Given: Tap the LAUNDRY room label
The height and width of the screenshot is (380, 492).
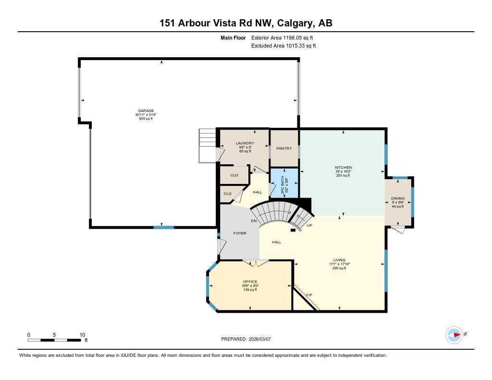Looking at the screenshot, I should (x=245, y=143).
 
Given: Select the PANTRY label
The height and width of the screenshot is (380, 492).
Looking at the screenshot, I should (x=284, y=148).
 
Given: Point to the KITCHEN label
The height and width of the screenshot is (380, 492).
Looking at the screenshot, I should (x=343, y=168).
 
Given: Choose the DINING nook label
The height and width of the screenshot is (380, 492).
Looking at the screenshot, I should (x=397, y=198).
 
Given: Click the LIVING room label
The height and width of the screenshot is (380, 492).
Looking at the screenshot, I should (x=339, y=260).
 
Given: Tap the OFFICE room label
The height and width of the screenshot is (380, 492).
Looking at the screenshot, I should (x=250, y=282).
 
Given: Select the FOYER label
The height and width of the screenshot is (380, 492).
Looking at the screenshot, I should (x=240, y=233).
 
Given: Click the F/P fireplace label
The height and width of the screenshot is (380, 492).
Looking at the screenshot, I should (x=309, y=294).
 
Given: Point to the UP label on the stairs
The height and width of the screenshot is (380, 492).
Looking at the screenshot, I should (x=310, y=225).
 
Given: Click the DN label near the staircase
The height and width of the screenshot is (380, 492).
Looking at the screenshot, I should (x=253, y=221).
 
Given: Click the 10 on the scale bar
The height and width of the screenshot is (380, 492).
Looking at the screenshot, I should (x=82, y=335).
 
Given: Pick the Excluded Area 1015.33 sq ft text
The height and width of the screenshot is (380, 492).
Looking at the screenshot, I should (x=283, y=46).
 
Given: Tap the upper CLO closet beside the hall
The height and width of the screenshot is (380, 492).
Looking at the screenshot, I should (x=234, y=175).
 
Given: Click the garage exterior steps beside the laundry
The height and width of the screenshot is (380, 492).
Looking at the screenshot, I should (x=208, y=145).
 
